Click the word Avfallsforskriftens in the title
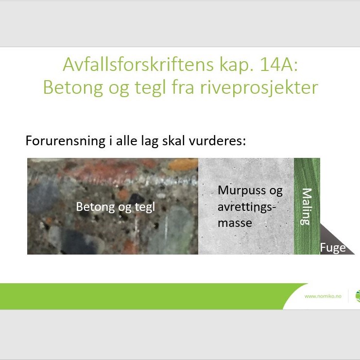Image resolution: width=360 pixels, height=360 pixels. click(x=138, y=65)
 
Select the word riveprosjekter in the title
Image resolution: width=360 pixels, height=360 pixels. click(x=259, y=88)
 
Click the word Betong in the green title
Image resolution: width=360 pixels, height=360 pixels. click(x=73, y=88)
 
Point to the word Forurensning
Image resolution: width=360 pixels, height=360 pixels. click(x=66, y=140)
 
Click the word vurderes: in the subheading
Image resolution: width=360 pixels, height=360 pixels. click(x=217, y=140)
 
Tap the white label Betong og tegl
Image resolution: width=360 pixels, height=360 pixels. click(x=116, y=207)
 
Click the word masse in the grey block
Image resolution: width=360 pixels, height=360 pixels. click(x=235, y=223)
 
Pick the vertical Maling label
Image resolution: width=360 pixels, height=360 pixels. click(x=307, y=206)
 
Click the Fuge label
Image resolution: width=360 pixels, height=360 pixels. click(x=333, y=248)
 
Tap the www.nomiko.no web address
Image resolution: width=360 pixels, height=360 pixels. click(x=323, y=296)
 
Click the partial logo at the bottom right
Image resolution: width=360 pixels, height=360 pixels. click(x=358, y=296)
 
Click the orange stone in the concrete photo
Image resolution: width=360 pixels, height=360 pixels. click(x=183, y=164)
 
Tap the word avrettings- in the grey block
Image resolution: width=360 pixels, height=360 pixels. click(x=247, y=207)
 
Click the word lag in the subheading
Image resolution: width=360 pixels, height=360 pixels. click(x=150, y=141)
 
